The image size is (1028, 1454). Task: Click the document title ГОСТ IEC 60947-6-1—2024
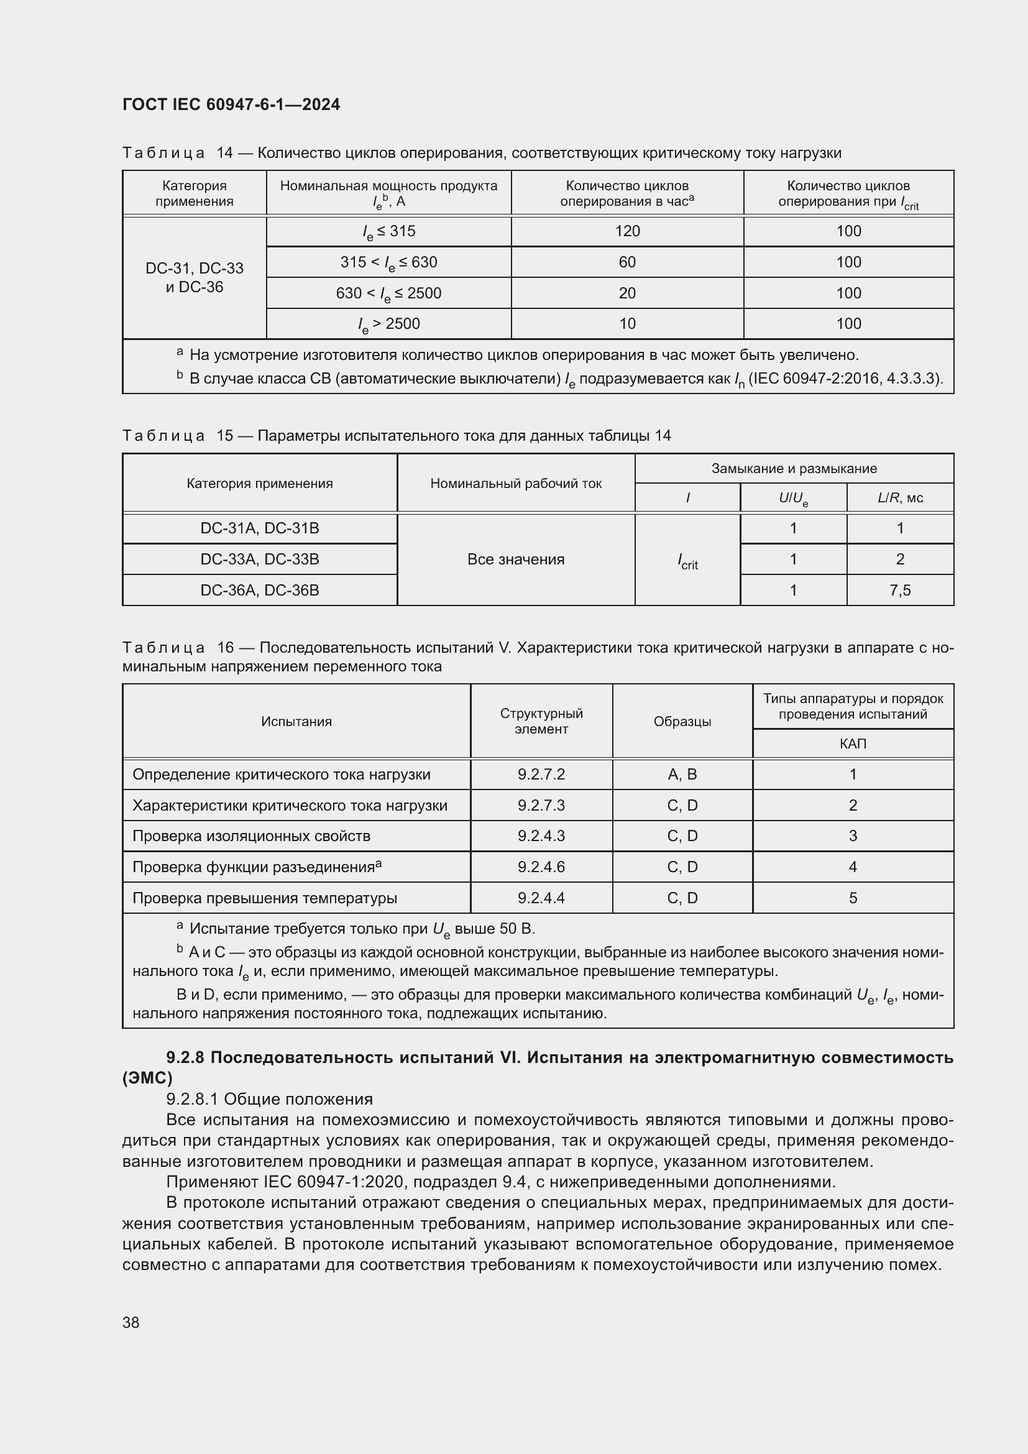coord(231,104)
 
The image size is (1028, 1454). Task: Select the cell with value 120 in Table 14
coord(626,231)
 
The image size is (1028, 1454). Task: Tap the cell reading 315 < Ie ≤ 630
coord(388,262)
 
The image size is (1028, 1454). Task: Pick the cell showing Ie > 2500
coord(388,324)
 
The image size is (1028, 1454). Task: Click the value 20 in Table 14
coord(626,293)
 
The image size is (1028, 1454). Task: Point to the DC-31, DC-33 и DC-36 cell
coord(195,277)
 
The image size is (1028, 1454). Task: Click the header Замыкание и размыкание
coord(794,469)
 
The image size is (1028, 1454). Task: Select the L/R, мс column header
coord(899,498)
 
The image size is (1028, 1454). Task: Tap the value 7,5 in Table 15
coord(899,590)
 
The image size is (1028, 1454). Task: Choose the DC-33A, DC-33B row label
coord(260,559)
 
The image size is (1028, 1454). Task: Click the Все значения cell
coord(515,559)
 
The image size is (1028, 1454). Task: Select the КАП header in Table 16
coord(853,743)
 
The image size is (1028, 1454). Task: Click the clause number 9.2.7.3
coord(541,806)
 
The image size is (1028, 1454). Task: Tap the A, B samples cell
coord(682,775)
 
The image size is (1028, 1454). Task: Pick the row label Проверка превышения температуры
coord(265,898)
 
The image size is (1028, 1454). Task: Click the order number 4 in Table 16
coord(853,867)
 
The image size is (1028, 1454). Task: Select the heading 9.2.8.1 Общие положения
coord(269,1098)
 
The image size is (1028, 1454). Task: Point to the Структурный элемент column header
coord(541,721)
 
